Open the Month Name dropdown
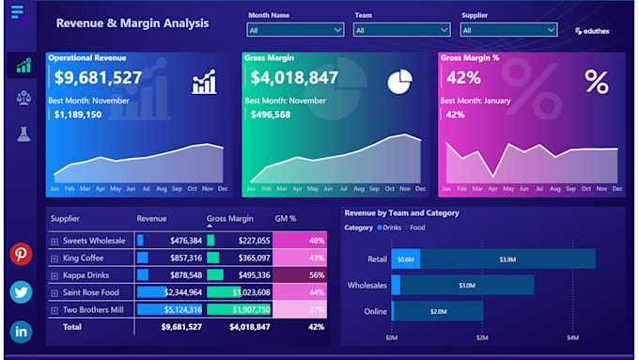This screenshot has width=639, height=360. click(295, 30)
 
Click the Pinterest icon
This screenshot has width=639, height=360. click(21, 255)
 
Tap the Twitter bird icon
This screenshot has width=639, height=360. click(21, 292)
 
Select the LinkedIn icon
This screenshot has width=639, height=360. click(21, 331)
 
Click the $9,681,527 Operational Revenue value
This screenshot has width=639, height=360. click(98, 78)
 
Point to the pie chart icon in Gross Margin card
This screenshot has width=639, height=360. click(399, 82)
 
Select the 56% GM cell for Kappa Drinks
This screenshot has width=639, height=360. click(300, 274)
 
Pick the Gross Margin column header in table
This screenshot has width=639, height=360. click(229, 219)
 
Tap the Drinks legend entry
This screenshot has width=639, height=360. click(389, 227)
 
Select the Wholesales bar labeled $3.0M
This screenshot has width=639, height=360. click(466, 285)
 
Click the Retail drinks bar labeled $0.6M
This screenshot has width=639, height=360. click(405, 259)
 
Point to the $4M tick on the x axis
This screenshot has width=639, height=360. click(572, 337)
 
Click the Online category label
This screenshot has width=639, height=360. click(374, 311)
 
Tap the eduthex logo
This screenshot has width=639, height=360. click(592, 31)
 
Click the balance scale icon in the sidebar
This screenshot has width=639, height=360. click(23, 99)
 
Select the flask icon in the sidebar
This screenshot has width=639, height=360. click(23, 133)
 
